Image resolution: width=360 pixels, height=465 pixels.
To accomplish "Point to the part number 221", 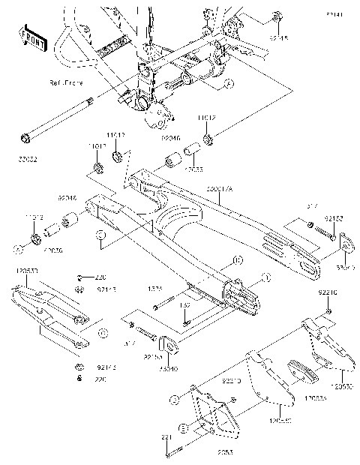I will point(165,437).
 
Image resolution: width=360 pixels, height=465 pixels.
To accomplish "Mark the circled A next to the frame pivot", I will point(229,83).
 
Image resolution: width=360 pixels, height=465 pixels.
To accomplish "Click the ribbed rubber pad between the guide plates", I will point(299,370).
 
